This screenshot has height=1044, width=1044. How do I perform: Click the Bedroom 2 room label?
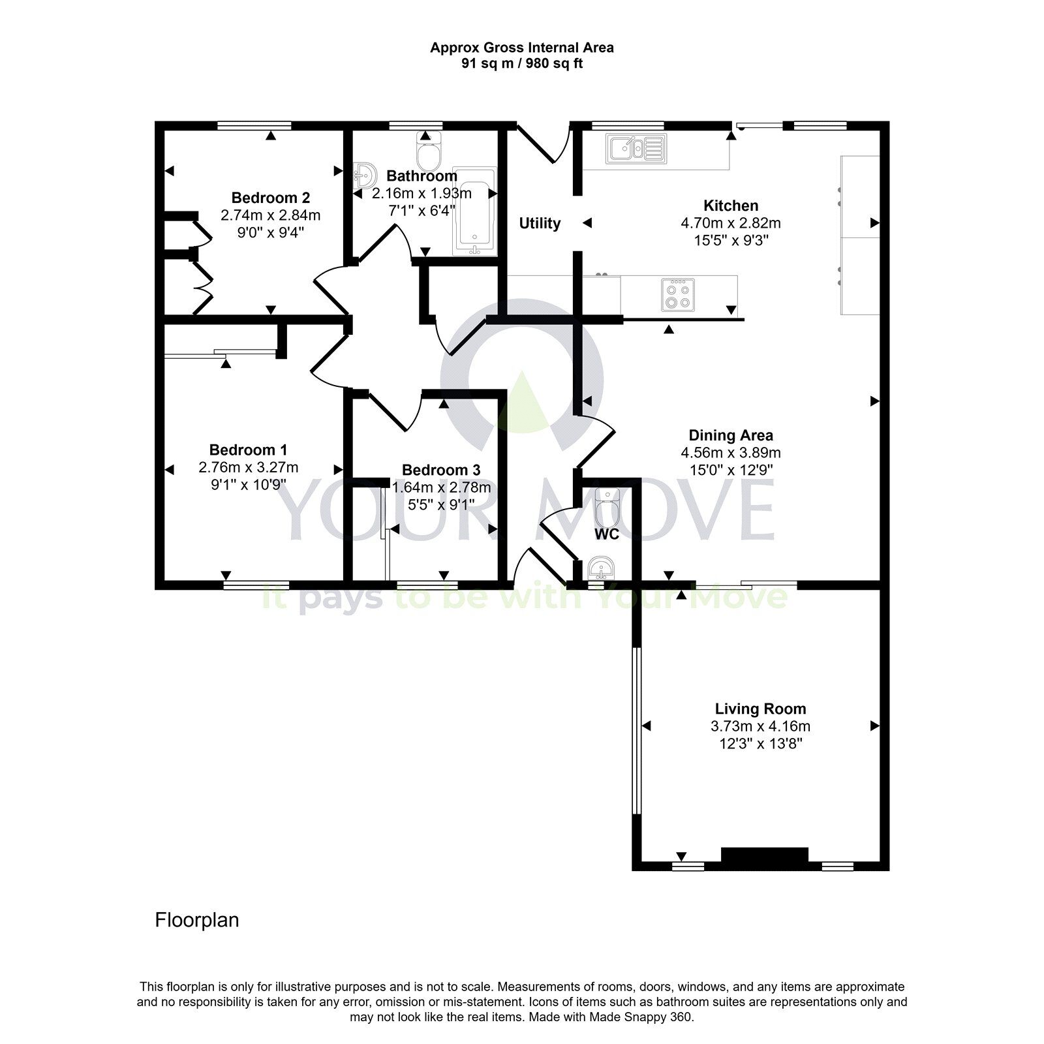pos(270,198)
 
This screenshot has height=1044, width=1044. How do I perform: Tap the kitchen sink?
pos(636,148)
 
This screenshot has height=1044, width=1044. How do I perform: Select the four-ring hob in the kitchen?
pos(678,294)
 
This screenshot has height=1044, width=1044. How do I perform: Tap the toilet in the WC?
pos(606,508)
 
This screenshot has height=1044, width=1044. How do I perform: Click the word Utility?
pos(540,224)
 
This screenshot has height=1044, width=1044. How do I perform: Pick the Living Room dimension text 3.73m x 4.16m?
pos(760,726)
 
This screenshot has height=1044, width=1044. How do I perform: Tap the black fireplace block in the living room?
pos(764,855)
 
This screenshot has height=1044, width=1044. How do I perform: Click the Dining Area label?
pos(731,435)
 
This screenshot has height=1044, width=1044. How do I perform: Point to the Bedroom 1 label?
pos(248,450)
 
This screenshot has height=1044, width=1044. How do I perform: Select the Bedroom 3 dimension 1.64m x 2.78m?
pos(441,487)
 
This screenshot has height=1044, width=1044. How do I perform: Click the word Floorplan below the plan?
pos(197,920)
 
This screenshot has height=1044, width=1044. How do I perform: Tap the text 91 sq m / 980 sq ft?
pos(522,64)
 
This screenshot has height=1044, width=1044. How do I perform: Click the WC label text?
pos(606,534)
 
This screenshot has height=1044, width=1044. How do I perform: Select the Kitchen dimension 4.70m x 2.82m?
pos(731,223)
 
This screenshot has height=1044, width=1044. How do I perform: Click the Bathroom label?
pos(422,176)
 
